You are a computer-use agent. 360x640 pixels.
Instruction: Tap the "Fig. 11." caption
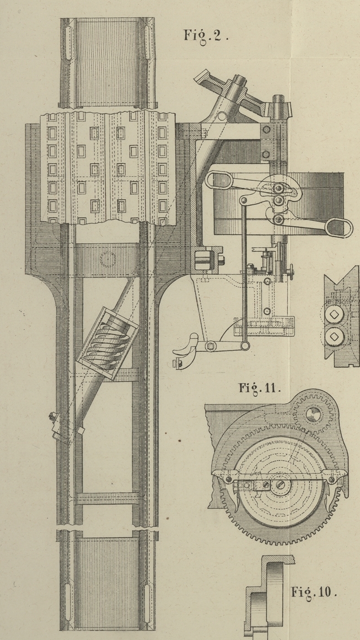260,387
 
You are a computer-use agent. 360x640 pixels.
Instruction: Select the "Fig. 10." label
313,593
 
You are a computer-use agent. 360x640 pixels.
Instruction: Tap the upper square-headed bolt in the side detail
334,315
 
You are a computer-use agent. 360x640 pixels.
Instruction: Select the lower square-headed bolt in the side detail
334,335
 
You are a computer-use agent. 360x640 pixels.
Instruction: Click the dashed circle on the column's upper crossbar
109,258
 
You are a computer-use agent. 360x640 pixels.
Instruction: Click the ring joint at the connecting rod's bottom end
243,346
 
